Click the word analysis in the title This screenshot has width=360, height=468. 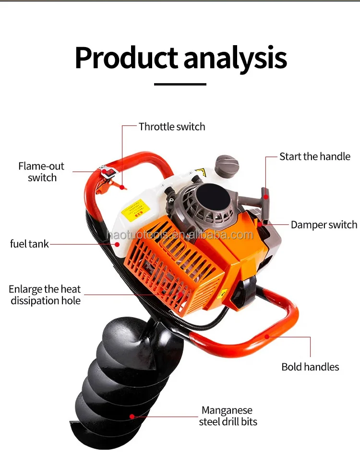(235, 59)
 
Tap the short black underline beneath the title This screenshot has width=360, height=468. (180, 84)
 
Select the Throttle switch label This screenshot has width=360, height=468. (172, 127)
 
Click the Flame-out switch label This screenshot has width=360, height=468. (41, 172)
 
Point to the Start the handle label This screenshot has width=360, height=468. (315, 157)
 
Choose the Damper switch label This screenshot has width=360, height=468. (324, 225)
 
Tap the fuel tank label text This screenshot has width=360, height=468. (29, 244)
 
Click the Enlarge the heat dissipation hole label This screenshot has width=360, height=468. (45, 295)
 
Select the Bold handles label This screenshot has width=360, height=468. (310, 367)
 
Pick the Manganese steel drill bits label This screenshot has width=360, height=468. (228, 416)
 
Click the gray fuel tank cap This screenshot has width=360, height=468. (227, 166)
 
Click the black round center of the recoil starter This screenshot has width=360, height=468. (210, 196)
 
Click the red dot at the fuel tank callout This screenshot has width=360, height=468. (117, 244)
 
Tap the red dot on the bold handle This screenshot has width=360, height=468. (267, 336)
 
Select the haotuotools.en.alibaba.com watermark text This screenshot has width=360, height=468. (180, 235)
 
